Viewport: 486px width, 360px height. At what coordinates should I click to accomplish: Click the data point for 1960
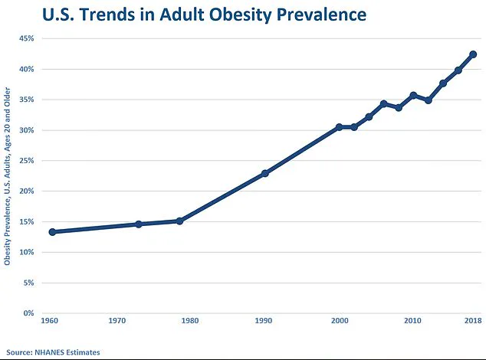click(52, 231)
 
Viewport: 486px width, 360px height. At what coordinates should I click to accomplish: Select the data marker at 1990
click(265, 173)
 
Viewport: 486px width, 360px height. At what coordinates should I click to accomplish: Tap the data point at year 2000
click(339, 127)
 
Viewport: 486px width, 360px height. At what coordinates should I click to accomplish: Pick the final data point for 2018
click(473, 54)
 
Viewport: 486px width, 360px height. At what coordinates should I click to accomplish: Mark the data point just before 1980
click(179, 221)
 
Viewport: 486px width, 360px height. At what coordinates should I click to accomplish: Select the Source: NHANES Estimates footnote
click(52, 352)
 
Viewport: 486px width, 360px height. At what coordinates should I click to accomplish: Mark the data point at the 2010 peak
click(413, 96)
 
